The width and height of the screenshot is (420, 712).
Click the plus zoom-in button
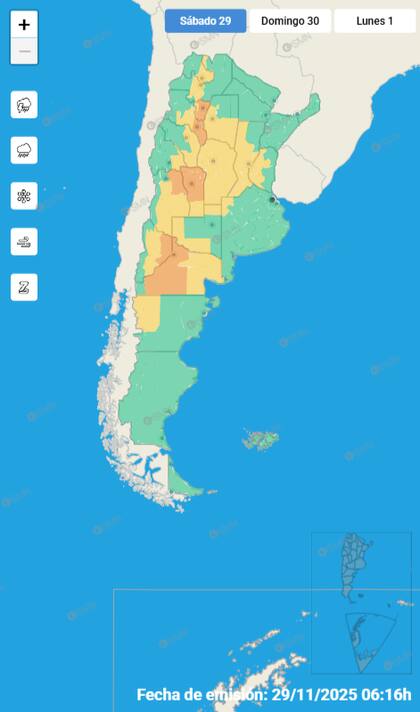24,25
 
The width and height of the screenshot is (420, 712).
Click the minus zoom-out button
24,51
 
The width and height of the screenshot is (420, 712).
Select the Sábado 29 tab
205,20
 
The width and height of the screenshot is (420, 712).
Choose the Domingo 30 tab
289,20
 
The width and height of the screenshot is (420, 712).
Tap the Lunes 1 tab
374,20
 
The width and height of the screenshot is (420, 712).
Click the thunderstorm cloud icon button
24,104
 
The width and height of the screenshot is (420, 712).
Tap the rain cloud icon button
24,150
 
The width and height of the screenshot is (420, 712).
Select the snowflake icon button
24,195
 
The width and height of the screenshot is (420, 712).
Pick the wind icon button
24,241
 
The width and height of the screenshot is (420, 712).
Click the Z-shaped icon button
24,287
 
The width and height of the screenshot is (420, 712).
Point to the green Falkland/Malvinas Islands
263,439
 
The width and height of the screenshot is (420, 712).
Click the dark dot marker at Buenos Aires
273,200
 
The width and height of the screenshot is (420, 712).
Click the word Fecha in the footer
161,694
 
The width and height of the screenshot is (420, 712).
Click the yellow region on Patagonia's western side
147,313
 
